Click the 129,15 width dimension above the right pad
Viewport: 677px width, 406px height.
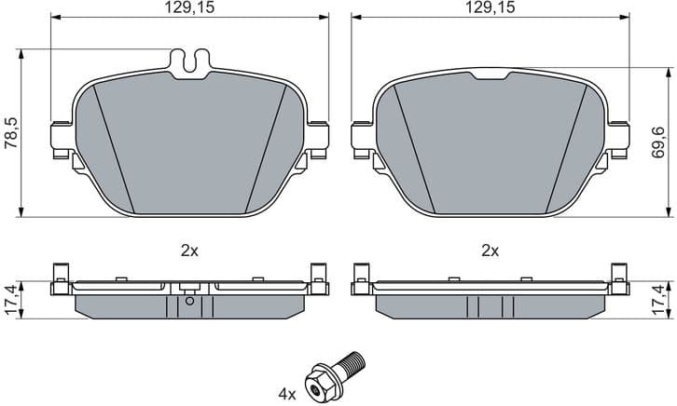490,7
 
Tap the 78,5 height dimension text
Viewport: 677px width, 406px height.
10,129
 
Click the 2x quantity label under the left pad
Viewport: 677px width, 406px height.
189,250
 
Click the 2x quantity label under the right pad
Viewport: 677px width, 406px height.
490,250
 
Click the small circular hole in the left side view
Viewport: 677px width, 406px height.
189,299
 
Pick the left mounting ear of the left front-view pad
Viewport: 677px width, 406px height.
62,135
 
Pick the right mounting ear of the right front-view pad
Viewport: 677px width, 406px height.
618,135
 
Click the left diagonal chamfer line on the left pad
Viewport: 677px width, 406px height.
115,149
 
